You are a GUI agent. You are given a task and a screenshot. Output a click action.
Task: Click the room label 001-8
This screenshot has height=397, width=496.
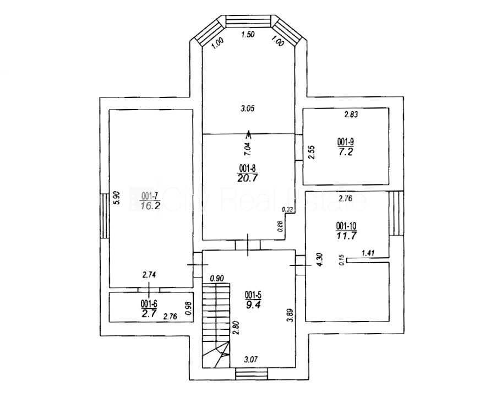247,168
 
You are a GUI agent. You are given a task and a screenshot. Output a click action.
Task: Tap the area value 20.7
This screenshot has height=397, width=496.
247,177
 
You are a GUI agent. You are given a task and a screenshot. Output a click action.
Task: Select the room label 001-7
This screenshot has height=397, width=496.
149,195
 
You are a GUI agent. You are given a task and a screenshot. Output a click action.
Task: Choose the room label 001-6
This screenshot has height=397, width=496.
149,303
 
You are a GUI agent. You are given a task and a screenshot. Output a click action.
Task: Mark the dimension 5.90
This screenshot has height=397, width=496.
116,198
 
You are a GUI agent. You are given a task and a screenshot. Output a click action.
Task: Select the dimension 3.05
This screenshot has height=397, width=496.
247,108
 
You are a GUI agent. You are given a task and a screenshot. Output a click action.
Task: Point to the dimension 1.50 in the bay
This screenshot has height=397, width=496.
249,35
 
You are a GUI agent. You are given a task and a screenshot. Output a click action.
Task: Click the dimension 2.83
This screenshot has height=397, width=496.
351,115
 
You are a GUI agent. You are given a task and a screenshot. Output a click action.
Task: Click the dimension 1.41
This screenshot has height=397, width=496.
368,253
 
